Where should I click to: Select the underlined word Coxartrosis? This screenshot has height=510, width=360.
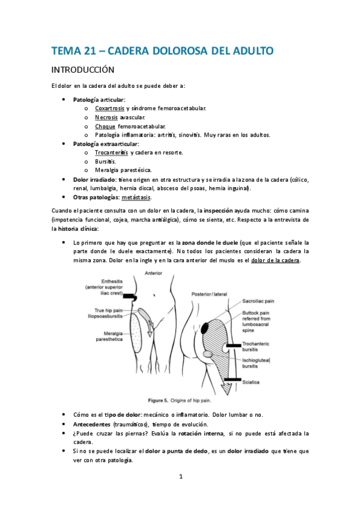tap(110, 108)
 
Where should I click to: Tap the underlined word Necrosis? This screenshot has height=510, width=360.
tap(106, 117)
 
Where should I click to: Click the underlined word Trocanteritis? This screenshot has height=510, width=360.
tap(112, 153)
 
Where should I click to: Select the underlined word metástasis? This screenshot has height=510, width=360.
tap(136, 197)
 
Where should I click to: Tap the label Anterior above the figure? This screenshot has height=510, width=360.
tap(154, 274)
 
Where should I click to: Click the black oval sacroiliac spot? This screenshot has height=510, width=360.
tap(206, 328)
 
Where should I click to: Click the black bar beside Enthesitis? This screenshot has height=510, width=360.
tap(130, 296)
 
